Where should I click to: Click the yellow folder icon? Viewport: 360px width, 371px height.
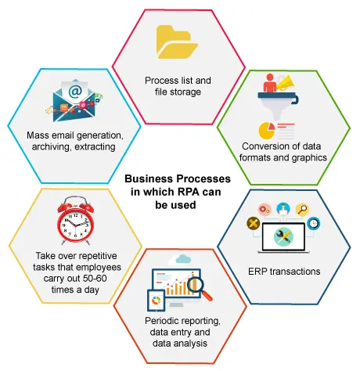click(x=177, y=41)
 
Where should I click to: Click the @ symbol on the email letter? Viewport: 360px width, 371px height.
click(x=75, y=91)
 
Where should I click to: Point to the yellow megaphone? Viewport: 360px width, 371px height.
click(x=286, y=83)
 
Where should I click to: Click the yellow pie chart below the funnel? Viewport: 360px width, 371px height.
click(x=267, y=131)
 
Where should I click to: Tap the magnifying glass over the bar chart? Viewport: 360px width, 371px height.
click(x=200, y=288)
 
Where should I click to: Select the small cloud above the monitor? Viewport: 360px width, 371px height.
click(x=183, y=259)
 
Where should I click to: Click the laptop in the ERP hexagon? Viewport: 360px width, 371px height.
click(x=283, y=238)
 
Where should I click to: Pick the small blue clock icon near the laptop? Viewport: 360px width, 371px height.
click(x=313, y=223)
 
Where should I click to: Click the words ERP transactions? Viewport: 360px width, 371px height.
click(x=284, y=272)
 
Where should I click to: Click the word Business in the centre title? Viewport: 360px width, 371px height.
click(x=149, y=178)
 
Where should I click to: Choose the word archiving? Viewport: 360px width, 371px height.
click(x=51, y=146)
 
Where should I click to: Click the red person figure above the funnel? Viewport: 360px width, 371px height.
click(x=270, y=83)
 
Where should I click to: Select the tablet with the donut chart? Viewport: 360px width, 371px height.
click(x=157, y=301)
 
